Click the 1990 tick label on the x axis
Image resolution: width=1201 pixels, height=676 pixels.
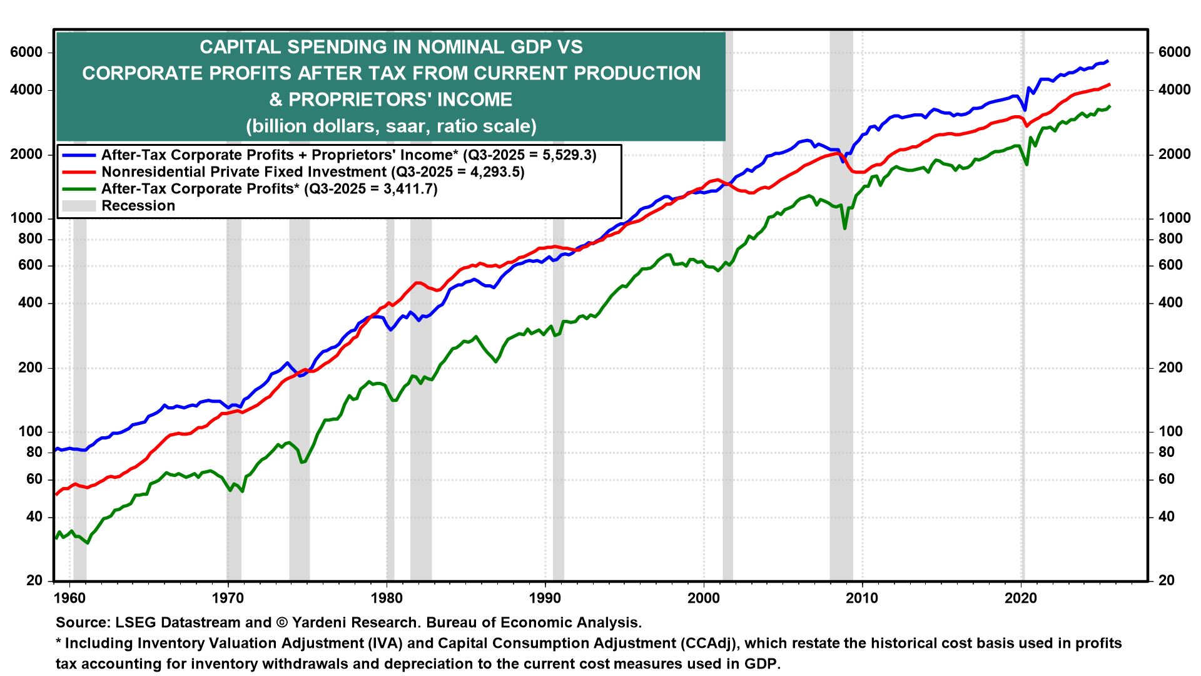click(x=545, y=598)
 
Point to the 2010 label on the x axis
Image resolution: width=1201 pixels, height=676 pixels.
click(x=862, y=598)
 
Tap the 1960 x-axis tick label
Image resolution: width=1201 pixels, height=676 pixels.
click(x=69, y=598)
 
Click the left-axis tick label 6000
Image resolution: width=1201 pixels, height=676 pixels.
click(x=27, y=53)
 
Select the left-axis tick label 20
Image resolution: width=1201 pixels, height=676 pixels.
click(x=35, y=581)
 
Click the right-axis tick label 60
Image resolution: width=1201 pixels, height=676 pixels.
click(x=1167, y=479)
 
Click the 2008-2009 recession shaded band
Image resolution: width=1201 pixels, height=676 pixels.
click(x=841, y=376)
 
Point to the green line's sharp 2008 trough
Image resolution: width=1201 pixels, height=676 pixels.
click(x=844, y=228)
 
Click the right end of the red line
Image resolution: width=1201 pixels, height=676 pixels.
click(x=1109, y=84)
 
